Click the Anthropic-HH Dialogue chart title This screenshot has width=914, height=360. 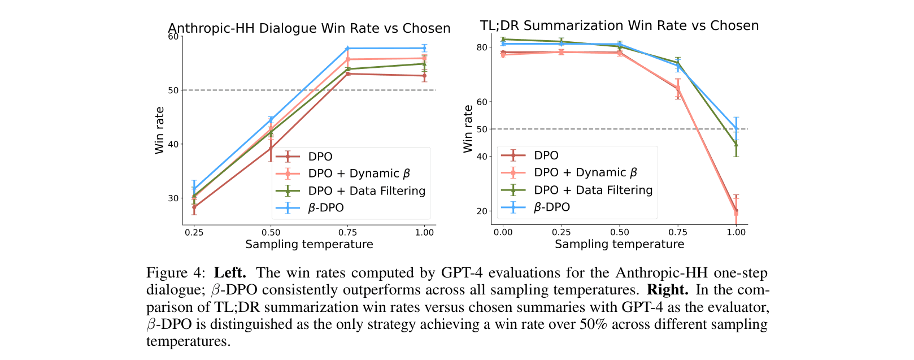309,28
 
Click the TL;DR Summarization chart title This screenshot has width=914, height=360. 619,25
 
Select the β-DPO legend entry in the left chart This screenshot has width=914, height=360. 326,208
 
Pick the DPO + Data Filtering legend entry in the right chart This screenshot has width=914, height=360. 593,190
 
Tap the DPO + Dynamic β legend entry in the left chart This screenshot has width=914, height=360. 359,174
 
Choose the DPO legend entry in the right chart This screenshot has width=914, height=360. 546,155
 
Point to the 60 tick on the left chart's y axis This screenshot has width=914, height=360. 173,37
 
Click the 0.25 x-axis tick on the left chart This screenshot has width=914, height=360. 194,232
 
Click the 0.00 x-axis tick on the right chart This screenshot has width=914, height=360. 503,232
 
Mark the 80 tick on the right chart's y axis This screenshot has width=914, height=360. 481,47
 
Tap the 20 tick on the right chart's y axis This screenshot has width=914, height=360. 481,211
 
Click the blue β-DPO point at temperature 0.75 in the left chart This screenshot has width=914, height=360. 347,49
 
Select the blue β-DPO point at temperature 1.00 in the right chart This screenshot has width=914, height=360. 735,129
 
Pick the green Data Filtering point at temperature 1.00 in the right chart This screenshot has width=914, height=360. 735,145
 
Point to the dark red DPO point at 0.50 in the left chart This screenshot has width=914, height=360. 271,148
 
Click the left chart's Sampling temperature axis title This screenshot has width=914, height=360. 309,244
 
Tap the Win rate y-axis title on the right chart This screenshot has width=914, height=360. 468,129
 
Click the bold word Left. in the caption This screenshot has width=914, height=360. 230,273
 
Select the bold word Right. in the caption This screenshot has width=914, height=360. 668,290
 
